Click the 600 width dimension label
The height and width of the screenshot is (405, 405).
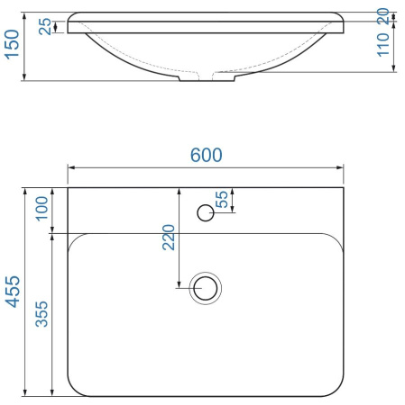[207, 155]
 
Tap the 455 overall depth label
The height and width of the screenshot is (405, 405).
[14, 292]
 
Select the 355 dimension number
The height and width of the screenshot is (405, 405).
[41, 314]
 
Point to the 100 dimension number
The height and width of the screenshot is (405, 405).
[41, 209]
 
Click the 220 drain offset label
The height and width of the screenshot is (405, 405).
[169, 238]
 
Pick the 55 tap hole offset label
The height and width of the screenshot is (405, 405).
[222, 199]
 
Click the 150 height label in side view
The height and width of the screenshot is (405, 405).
[12, 44]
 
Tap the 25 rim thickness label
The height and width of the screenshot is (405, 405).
[45, 27]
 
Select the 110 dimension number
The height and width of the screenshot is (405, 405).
[383, 45]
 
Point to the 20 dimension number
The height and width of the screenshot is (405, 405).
[383, 16]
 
